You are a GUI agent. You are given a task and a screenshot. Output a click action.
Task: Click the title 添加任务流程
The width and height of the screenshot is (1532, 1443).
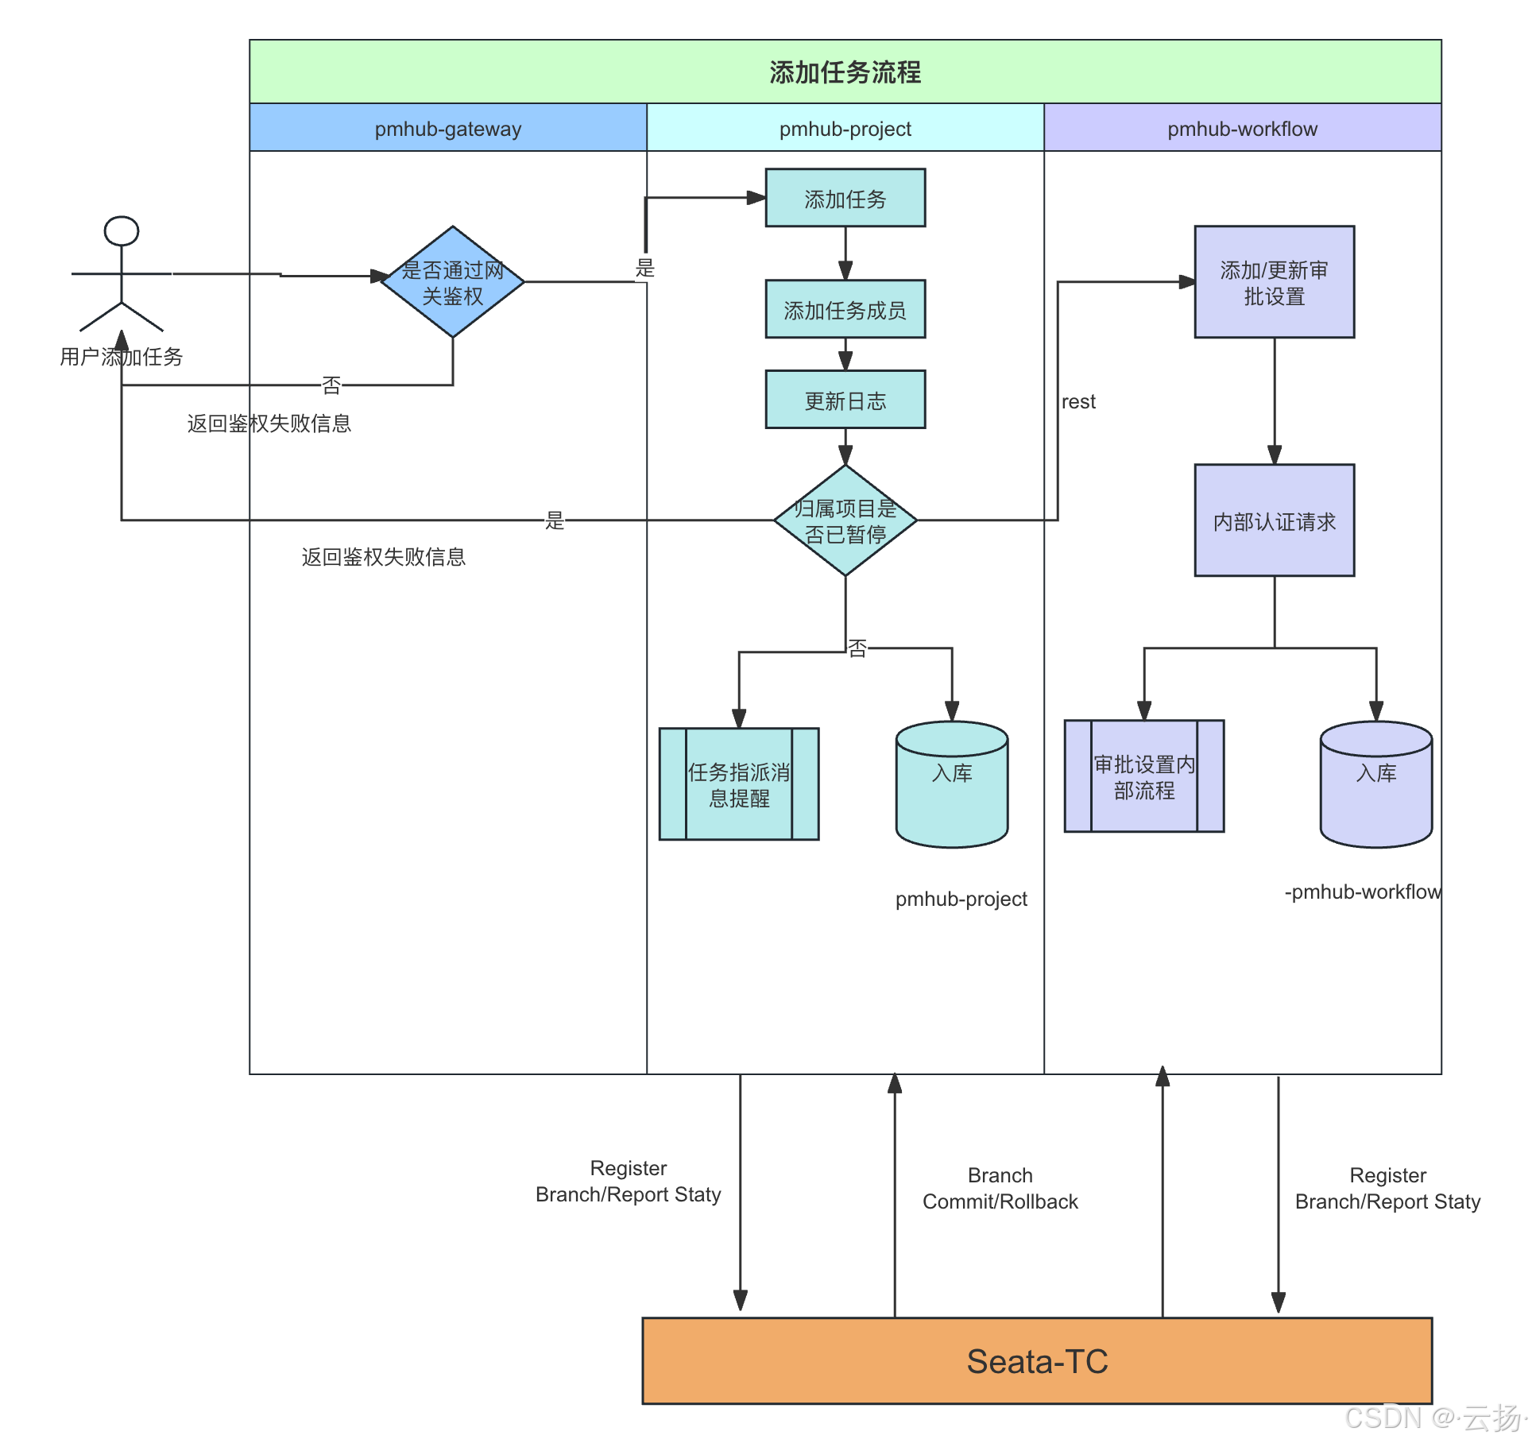845,72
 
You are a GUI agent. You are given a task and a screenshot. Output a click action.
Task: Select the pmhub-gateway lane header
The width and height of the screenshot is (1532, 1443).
448,129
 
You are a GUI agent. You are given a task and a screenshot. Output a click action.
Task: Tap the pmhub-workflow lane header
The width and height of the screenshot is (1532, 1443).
1242,129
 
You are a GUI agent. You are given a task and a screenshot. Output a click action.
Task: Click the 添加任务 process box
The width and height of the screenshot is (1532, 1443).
845,199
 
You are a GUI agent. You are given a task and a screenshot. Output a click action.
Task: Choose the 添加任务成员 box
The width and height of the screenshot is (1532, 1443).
845,310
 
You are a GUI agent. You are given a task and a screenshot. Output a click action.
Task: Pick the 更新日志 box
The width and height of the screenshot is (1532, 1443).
845,400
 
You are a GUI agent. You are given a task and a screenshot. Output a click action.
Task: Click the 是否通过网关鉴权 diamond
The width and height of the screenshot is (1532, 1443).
452,282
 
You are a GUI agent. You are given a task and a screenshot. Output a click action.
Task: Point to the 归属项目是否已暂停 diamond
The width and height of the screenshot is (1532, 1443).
845,520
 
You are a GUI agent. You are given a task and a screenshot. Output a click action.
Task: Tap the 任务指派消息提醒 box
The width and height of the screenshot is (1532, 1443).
739,784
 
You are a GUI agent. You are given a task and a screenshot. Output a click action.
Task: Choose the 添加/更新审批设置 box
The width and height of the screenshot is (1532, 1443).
1274,282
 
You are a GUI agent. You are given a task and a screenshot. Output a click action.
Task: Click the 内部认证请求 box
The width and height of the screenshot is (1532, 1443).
1274,521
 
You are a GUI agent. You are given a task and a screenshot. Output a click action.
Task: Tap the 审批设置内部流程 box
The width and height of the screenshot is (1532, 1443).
1144,776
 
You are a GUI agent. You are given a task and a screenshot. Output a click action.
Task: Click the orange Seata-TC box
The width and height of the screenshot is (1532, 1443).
1037,1361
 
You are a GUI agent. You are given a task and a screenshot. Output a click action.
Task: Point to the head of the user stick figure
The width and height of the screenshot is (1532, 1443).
122,231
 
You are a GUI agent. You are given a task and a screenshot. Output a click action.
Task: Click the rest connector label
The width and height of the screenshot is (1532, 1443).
1078,402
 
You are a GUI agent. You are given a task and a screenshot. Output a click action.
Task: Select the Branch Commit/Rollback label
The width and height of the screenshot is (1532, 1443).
1000,1188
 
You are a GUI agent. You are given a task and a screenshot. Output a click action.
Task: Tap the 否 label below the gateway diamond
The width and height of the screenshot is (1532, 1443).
331,385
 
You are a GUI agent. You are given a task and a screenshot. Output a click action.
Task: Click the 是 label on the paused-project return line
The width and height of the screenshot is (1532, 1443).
555,520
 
